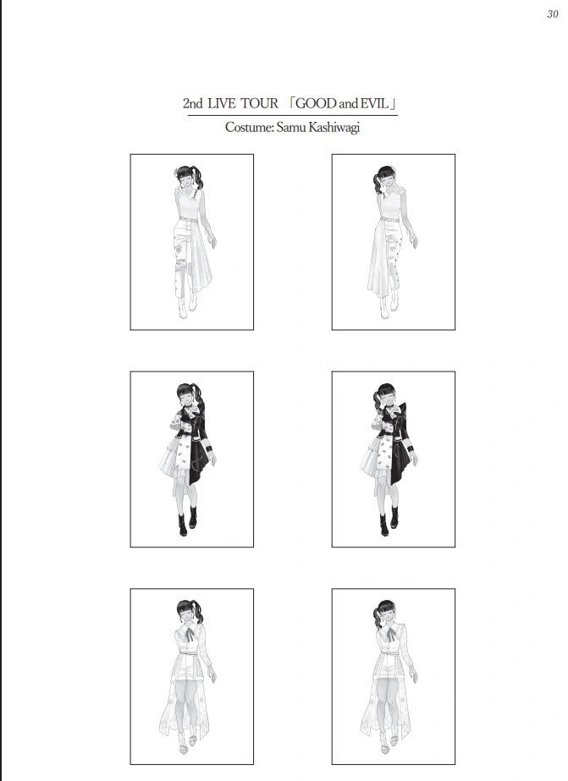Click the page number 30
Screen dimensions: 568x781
coord(553,14)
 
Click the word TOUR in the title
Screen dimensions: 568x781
coord(260,103)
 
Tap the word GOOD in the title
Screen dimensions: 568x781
coord(316,103)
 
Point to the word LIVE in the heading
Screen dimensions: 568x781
coord(221,103)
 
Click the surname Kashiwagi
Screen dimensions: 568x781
coord(334,128)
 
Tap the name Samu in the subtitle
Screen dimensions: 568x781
coord(291,128)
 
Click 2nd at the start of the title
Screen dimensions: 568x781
coord(192,103)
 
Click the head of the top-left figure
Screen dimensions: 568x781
coord(185,177)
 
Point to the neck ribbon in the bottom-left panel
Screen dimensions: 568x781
coord(190,634)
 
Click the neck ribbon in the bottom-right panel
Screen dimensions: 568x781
coord(390,634)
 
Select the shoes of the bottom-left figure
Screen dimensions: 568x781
coord(187,743)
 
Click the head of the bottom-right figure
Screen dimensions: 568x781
coord(387,613)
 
